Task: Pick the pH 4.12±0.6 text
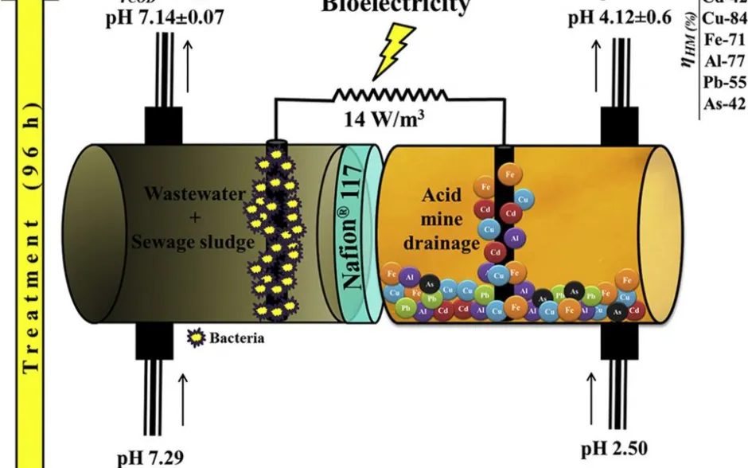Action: coord(620,17)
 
